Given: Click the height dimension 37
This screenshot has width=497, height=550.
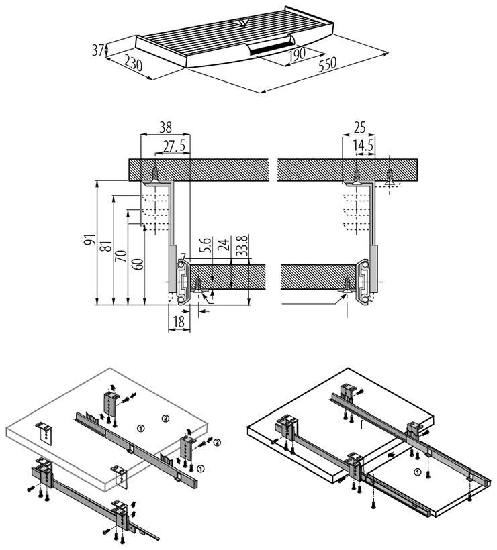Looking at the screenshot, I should click(97, 49).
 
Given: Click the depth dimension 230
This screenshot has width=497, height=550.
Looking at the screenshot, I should click(132, 65).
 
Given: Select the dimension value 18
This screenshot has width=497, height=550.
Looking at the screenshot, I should click(178, 321).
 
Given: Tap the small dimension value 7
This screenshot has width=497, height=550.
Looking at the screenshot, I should click(183, 256).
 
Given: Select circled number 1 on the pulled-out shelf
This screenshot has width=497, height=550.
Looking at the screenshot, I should click(418, 472).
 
